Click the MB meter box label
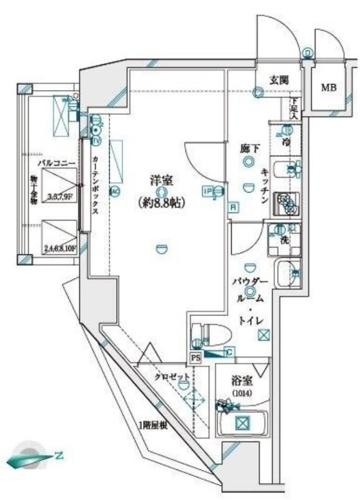[329, 88]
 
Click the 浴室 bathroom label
[241, 379]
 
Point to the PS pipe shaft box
[196, 359]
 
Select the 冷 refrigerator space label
[286, 142]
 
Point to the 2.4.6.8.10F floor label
[59, 248]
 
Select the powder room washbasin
[287, 273]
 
